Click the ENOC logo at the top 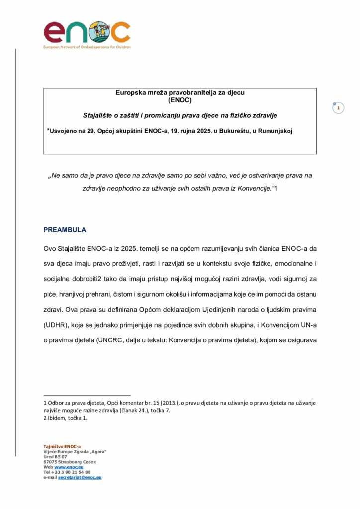[87, 33]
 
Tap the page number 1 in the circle [338, 108]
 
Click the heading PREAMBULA [65, 230]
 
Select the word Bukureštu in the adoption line [239, 131]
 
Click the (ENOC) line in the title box [180, 99]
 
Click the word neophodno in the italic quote [127, 189]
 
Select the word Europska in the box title [130, 92]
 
